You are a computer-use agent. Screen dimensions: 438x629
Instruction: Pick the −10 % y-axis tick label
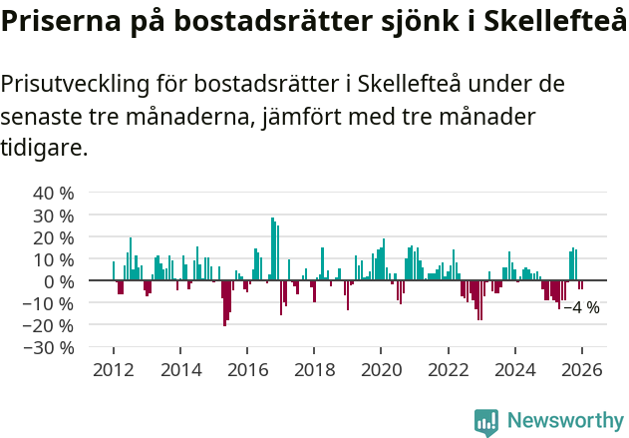(49, 303)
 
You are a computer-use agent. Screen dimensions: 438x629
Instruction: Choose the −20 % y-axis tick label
(49, 325)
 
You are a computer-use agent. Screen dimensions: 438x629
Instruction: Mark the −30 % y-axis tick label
(49, 347)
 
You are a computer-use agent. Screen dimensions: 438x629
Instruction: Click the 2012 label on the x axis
(114, 370)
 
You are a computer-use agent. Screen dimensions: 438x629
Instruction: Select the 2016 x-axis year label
(247, 370)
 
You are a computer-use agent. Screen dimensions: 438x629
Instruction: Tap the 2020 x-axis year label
(381, 370)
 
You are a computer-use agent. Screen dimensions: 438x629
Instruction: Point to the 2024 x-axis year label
(515, 370)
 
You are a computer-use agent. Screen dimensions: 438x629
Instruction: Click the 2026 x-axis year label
(582, 370)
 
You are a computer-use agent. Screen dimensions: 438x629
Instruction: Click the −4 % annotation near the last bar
(581, 307)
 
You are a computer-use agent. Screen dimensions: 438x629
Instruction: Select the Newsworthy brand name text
(565, 420)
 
